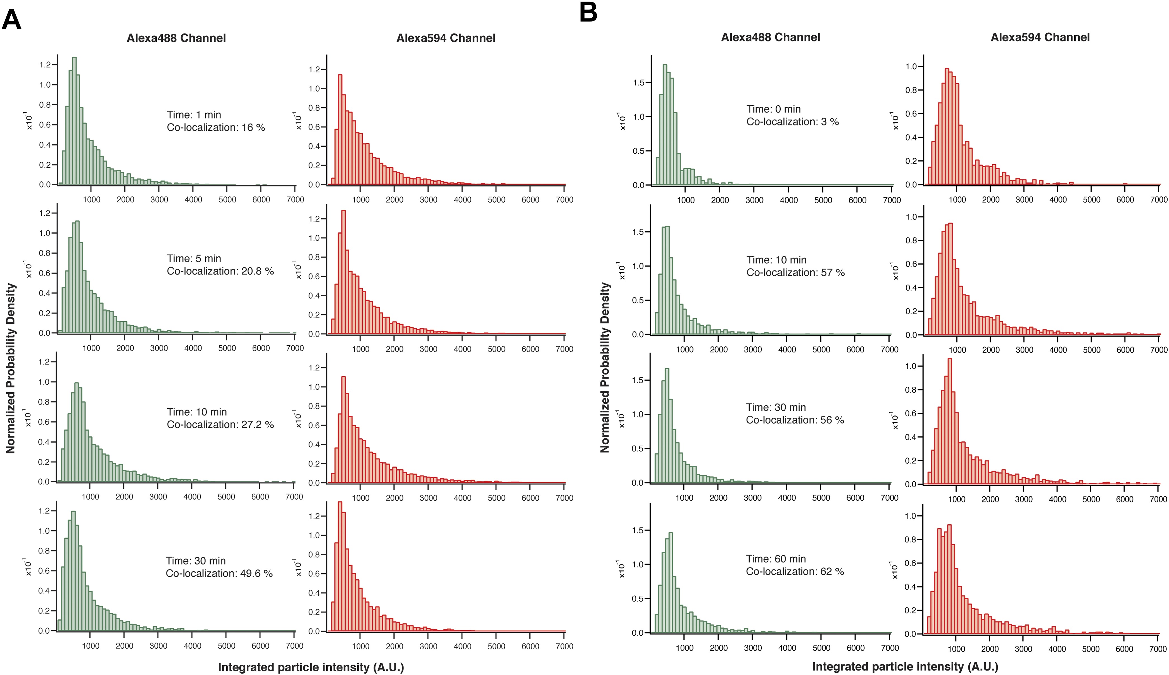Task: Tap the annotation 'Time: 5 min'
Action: (x=194, y=258)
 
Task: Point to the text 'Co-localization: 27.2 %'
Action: (x=220, y=425)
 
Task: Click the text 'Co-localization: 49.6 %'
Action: (x=219, y=574)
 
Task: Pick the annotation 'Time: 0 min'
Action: (x=773, y=109)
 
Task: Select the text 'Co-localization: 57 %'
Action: (x=795, y=273)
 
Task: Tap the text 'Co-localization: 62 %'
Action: (x=795, y=572)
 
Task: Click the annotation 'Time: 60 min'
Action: (x=776, y=559)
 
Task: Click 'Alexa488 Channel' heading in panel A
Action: (x=176, y=38)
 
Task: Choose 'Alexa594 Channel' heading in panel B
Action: (x=1040, y=37)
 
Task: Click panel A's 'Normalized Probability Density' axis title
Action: (x=11, y=368)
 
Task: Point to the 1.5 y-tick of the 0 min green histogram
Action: (x=638, y=82)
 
